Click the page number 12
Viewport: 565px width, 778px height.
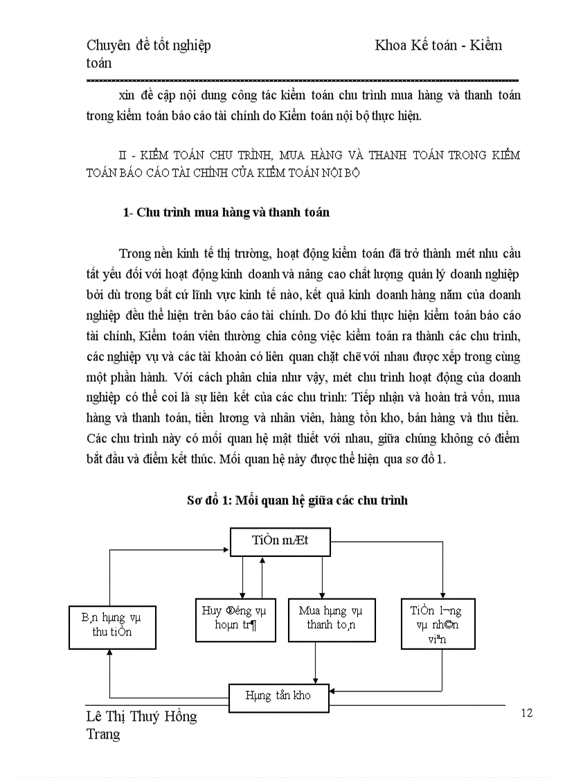coord(527,713)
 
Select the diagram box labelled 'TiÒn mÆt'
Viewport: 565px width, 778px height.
coord(280,542)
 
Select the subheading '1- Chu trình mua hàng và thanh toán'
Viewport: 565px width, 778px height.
coord(226,213)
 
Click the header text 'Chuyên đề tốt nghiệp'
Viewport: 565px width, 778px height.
coord(149,46)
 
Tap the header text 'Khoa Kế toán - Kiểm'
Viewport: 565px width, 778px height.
coord(438,46)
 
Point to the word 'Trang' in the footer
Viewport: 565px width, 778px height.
coord(103,734)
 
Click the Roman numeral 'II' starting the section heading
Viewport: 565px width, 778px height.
coord(125,154)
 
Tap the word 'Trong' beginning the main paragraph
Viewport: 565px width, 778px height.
coord(134,252)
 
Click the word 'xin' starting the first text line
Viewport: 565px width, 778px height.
coord(126,95)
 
